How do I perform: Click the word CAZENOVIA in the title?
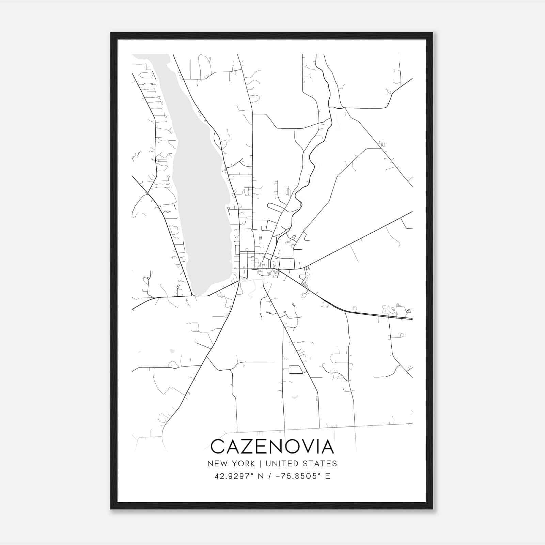272,447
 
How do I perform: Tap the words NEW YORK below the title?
231,464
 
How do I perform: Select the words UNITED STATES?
301,464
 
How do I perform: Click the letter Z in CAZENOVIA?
247,447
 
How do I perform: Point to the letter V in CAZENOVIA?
307,447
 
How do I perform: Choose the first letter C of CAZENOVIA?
218,447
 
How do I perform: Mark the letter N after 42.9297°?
261,476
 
